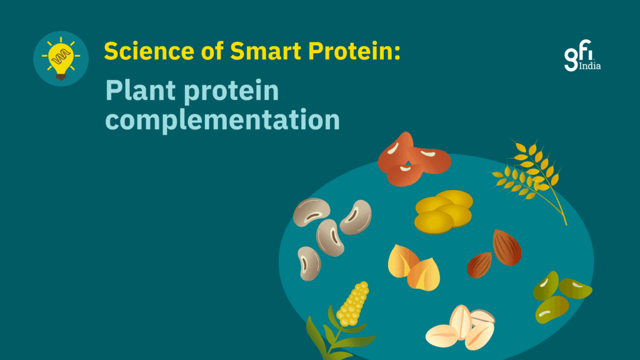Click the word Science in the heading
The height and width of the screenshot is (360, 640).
pos(149,51)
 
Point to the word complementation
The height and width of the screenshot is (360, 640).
pos(222,120)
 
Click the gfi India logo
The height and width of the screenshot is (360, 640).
pos(582,56)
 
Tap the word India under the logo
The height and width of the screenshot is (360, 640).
pos(590,65)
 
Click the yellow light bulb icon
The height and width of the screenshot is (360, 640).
pos(61,58)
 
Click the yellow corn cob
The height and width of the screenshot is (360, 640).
pos(352,304)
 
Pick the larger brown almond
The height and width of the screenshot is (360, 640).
pos(506,247)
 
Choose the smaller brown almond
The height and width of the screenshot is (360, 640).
pos(479,265)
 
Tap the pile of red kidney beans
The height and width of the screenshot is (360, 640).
pos(414,160)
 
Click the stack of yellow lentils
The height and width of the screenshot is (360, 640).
pos(443,211)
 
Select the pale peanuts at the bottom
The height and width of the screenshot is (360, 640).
pos(460,328)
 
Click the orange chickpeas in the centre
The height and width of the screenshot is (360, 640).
pos(414,267)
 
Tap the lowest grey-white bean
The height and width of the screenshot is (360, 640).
pos(309,264)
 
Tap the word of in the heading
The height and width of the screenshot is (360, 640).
pos(212,51)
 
